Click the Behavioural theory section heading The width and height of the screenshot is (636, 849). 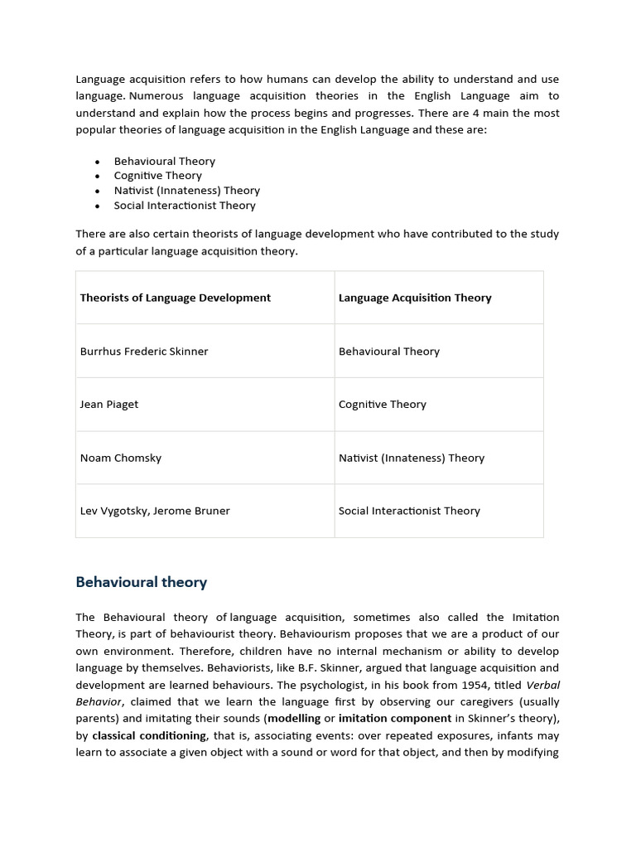(141, 582)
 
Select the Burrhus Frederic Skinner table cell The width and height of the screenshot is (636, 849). (144, 352)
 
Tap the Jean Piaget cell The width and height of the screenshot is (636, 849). (109, 405)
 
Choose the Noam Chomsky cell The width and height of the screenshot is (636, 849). (120, 458)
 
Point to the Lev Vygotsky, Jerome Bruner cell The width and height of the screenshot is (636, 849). (155, 511)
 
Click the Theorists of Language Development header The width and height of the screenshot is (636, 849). (176, 298)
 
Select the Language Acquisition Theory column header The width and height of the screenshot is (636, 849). (415, 298)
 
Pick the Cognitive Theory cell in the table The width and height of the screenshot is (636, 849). (383, 405)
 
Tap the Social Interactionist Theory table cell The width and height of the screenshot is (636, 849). (409, 511)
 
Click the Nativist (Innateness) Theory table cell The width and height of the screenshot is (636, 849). (412, 458)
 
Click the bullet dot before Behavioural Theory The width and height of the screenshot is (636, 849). (98, 162)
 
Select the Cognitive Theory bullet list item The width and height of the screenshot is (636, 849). (158, 176)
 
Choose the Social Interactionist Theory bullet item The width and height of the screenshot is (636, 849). (185, 206)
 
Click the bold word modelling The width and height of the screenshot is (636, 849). (294, 718)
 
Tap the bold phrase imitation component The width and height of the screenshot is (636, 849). (395, 718)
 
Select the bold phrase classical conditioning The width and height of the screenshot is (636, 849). (149, 735)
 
